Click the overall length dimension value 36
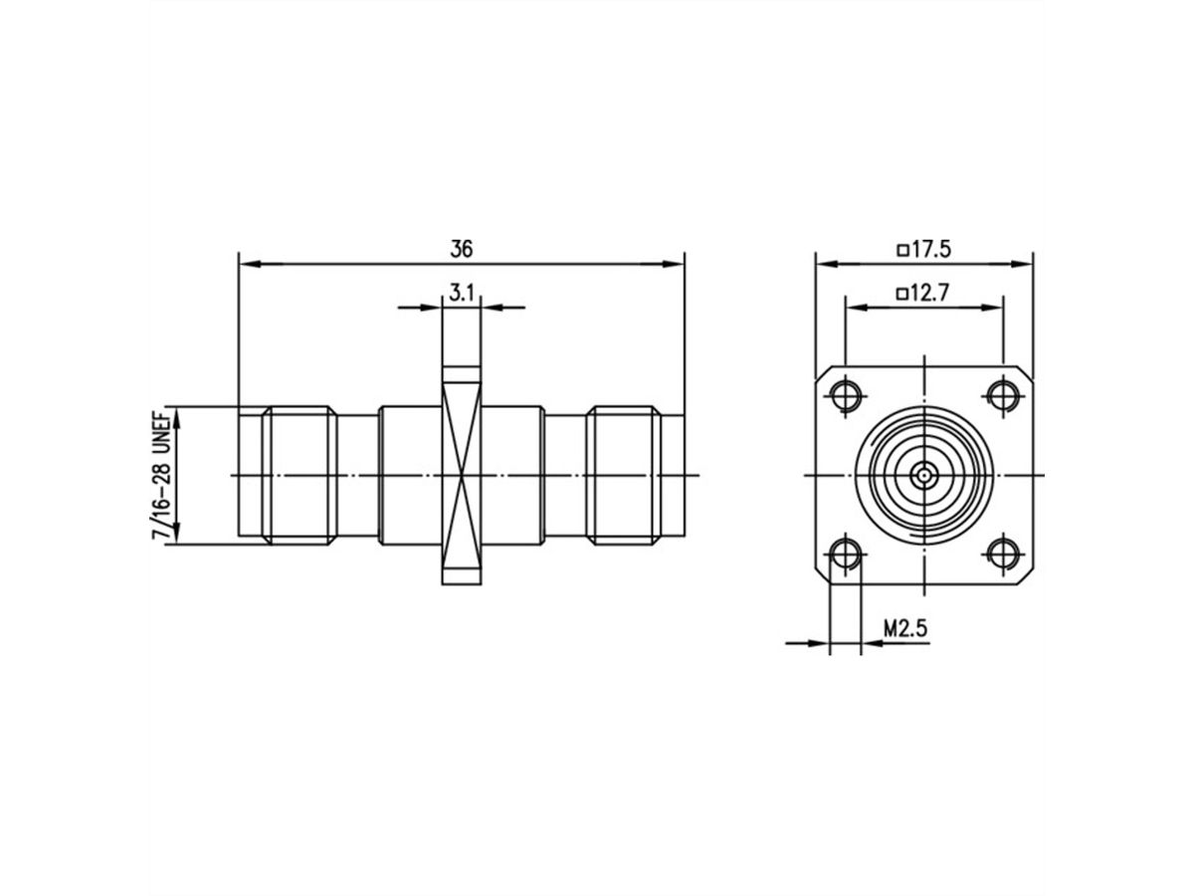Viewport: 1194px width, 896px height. [461, 248]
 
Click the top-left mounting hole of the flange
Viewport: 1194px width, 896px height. [847, 394]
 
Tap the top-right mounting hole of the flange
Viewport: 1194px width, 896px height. [1003, 394]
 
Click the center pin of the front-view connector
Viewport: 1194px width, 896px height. [924, 475]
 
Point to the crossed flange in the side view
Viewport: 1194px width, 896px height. [461, 475]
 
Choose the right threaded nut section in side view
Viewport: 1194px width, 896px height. [624, 475]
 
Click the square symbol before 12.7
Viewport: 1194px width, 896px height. [901, 294]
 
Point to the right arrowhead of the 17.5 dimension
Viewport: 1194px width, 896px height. [1024, 265]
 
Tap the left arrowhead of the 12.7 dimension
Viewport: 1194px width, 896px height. [854, 308]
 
